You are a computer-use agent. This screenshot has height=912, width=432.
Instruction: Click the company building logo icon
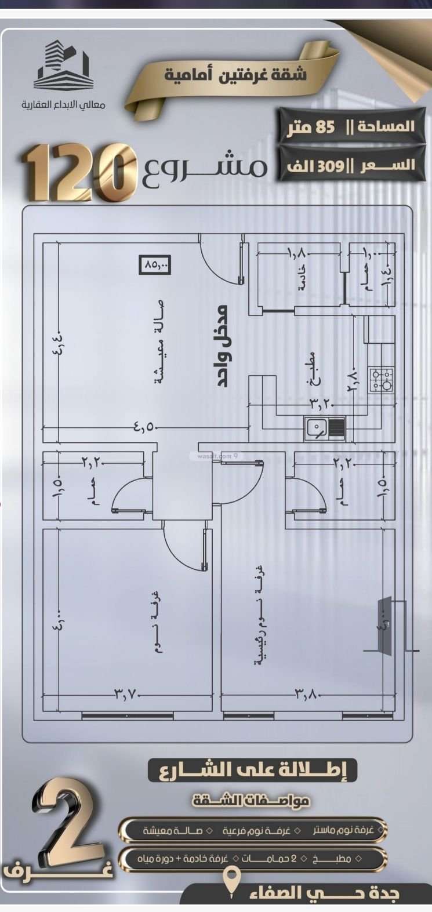pyautogui.click(x=63, y=65)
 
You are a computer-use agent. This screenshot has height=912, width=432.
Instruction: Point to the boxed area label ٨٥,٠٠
pyautogui.click(x=156, y=265)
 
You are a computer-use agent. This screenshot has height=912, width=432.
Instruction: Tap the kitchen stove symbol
pyautogui.click(x=381, y=380)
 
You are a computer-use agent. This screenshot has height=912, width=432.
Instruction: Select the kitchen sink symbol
pyautogui.click(x=325, y=427)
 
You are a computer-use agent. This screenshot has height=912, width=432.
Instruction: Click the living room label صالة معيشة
pyautogui.click(x=158, y=343)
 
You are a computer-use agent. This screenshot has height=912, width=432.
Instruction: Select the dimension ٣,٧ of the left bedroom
pyautogui.click(x=128, y=692)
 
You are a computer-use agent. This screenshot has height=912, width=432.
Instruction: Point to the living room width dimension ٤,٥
pyautogui.click(x=146, y=428)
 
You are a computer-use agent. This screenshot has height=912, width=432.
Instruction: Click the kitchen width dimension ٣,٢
pyautogui.click(x=320, y=401)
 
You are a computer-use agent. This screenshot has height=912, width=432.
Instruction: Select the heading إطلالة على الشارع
pyautogui.click(x=253, y=770)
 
